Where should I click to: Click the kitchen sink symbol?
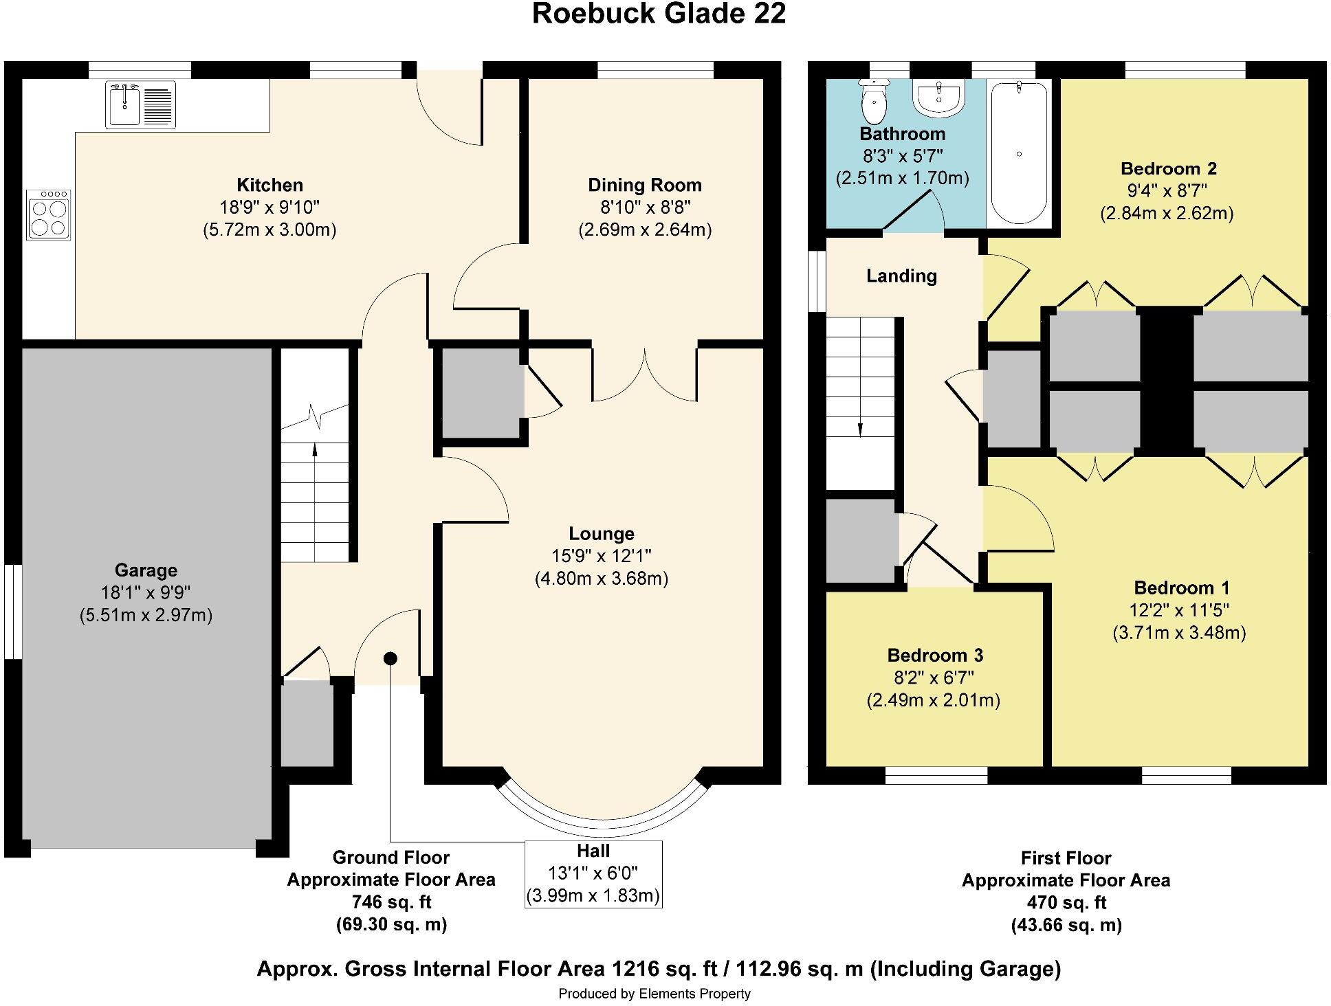click(x=140, y=104)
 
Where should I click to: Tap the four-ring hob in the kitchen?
click(x=49, y=215)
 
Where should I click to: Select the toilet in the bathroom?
click(x=874, y=102)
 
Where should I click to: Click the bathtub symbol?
click(x=1019, y=153)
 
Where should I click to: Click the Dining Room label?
click(x=644, y=185)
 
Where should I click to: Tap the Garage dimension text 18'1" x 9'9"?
click(x=145, y=592)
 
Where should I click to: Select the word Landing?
click(x=901, y=276)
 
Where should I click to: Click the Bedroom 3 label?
click(x=935, y=655)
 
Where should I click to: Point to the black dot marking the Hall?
click(x=390, y=658)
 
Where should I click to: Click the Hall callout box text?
click(x=593, y=873)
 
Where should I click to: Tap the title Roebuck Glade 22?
click(x=659, y=14)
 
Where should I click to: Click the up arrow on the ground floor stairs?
click(x=315, y=450)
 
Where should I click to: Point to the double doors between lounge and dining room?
click(x=644, y=375)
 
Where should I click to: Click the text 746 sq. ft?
click(x=390, y=902)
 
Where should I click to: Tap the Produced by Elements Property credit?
click(x=654, y=994)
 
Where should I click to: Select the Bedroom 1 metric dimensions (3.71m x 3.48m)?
click(x=1179, y=632)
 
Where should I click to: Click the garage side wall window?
click(x=12, y=612)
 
